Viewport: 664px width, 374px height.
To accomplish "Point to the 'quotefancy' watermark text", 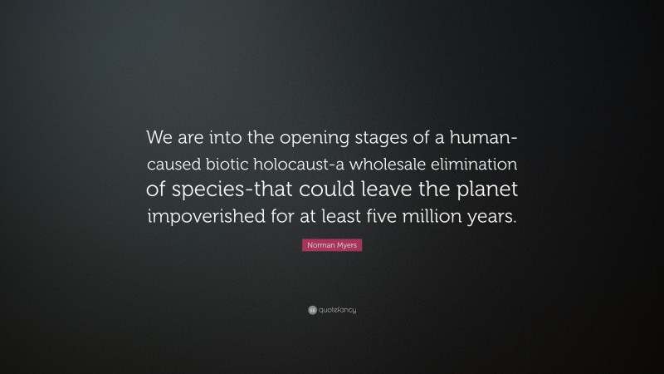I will click(336, 310).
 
